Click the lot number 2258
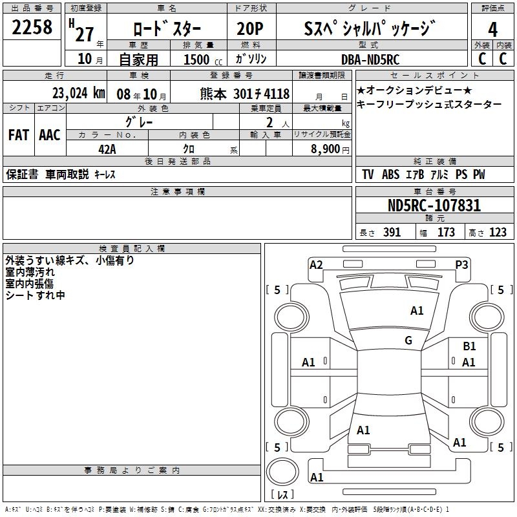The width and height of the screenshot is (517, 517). pos(32,28)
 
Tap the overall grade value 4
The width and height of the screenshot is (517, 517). pos(492,29)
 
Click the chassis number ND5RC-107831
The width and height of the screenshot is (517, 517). pos(434,206)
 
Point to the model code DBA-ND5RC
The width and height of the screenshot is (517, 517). pos(370,59)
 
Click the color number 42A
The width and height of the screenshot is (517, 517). pos(107,149)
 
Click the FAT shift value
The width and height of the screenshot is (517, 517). pos(18,134)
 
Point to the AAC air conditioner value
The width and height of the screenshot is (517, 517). pos(50,134)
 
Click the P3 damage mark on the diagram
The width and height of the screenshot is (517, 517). pos(461,264)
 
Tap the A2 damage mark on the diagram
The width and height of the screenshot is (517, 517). pos(316,264)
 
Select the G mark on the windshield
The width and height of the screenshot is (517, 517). pos(408,341)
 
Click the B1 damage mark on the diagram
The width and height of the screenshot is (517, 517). pos(469,347)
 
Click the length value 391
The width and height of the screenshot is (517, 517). pos(392,233)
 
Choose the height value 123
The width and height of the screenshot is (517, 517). pos(498,233)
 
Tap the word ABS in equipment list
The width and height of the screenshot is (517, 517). pos(390,174)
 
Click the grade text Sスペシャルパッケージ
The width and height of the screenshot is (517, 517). pos(369,29)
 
